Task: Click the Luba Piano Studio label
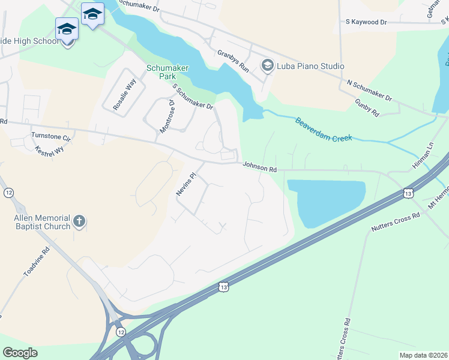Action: point(310,66)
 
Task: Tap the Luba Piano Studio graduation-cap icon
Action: point(267,65)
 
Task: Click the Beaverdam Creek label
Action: point(322,130)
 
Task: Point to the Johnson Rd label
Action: point(259,169)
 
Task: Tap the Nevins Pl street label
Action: point(186,185)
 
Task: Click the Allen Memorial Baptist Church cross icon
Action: point(79,223)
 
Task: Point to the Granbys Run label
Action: point(233,61)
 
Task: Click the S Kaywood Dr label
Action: point(366,22)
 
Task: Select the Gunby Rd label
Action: point(367,109)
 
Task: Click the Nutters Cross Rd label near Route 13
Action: point(395,223)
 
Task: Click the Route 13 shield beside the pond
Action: point(408,193)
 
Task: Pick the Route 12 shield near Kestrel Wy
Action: point(8,193)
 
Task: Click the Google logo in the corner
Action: point(20,352)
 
